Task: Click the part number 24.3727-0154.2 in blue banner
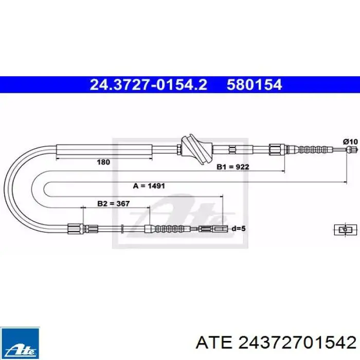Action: click(148, 84)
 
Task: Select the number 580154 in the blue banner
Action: click(254, 84)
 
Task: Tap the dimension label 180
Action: click(103, 162)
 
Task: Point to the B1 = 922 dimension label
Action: click(233, 167)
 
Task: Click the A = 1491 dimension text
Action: click(149, 186)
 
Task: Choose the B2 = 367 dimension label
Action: click(114, 204)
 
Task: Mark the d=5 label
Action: click(239, 228)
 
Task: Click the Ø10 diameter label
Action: click(350, 141)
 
